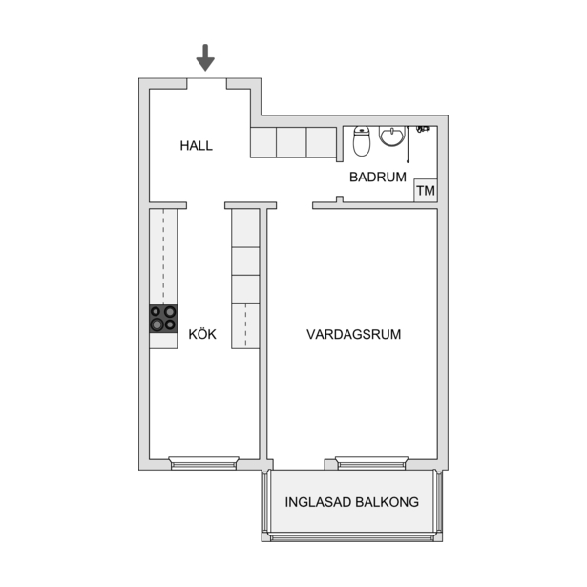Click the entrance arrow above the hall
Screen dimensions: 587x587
tap(205, 57)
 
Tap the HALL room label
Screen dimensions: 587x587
tap(197, 146)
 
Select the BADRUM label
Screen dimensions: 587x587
tap(378, 178)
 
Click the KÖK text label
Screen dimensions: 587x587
tap(202, 334)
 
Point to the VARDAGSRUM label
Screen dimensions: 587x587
tap(354, 334)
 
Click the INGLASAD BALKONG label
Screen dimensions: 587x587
tap(352, 502)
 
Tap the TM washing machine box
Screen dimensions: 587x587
tap(426, 191)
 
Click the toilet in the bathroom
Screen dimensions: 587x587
tap(362, 141)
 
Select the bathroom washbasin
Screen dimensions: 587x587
tap(392, 136)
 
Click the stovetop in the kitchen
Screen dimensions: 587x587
tap(163, 319)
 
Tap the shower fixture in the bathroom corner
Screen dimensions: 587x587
tap(423, 129)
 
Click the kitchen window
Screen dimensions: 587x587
tap(203, 463)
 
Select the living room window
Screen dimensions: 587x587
tap(371, 463)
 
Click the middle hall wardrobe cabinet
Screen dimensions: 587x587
tap(292, 142)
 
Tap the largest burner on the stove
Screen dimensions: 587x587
tap(157, 325)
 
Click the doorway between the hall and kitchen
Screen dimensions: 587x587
tap(205, 205)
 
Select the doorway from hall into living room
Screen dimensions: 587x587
tap(295, 205)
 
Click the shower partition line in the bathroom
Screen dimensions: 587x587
tap(409, 144)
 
